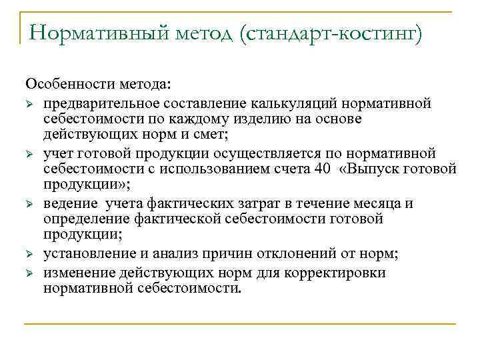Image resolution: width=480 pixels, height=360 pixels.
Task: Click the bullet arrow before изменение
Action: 29,273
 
